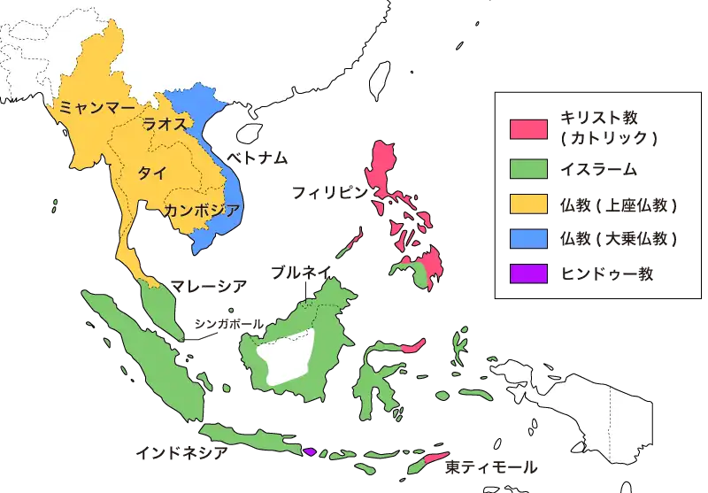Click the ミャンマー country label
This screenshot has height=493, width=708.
(96, 107)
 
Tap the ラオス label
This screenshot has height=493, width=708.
(165, 124)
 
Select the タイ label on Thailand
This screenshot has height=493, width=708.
(151, 172)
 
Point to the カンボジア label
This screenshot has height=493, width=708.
(201, 210)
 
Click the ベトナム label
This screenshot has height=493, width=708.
(258, 158)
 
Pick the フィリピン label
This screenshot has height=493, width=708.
(328, 192)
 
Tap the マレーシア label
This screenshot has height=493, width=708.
(209, 286)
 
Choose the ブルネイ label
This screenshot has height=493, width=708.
(302, 273)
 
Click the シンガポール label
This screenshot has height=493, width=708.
(227, 325)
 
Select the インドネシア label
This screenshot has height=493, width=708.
(181, 452)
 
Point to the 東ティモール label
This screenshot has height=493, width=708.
(491, 466)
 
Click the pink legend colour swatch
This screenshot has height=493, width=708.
(528, 128)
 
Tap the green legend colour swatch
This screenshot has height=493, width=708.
(528, 167)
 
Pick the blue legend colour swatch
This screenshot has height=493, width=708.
(528, 239)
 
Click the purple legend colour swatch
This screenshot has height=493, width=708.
(528, 273)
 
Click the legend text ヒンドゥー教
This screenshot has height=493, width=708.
(607, 273)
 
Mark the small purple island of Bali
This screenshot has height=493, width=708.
(310, 451)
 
